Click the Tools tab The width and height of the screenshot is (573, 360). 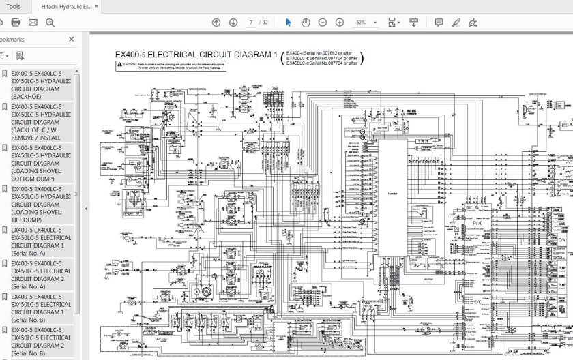13,6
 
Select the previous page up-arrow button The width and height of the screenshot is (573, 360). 216,22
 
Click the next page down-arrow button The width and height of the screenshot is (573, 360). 233,22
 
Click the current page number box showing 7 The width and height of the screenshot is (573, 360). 252,22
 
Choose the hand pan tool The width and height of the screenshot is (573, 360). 306,22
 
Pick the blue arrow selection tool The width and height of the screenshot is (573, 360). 289,22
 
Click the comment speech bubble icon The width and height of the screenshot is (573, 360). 439,22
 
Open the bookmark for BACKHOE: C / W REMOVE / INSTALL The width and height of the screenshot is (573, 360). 41,122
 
